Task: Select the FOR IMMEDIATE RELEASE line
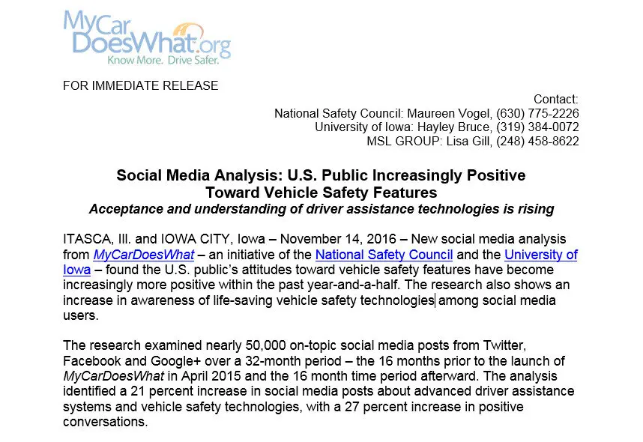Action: pos(140,85)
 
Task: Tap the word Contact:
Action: pos(555,100)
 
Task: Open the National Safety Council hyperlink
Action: pos(384,255)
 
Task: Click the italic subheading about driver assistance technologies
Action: pos(321,209)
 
